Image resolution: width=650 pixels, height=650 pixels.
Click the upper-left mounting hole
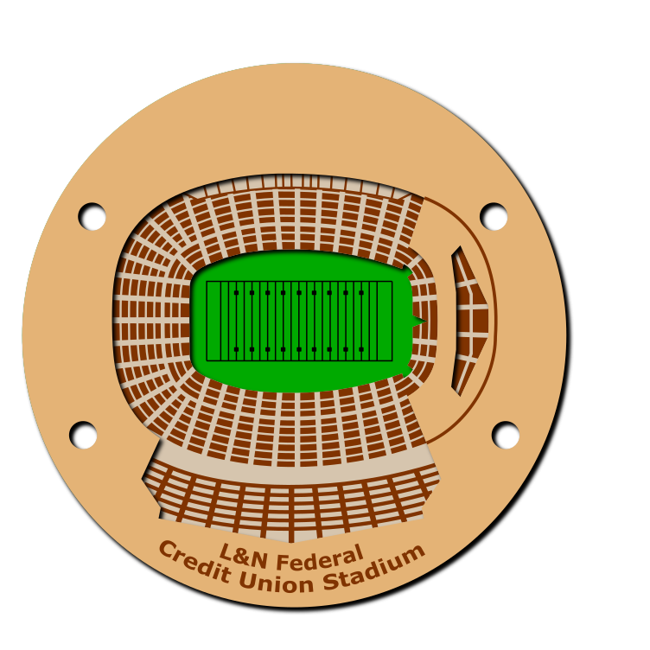[92, 216]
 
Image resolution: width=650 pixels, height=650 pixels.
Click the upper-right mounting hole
[494, 216]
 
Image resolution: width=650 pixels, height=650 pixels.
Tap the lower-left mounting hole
[83, 435]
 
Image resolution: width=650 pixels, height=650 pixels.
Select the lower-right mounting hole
[506, 435]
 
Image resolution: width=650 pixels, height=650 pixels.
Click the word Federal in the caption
[320, 558]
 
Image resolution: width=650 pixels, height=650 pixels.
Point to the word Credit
[194, 562]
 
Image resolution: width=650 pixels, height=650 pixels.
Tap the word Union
[276, 581]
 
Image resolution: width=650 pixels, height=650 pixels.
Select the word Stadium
[374, 569]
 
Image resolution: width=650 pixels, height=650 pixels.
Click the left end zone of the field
[213, 322]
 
